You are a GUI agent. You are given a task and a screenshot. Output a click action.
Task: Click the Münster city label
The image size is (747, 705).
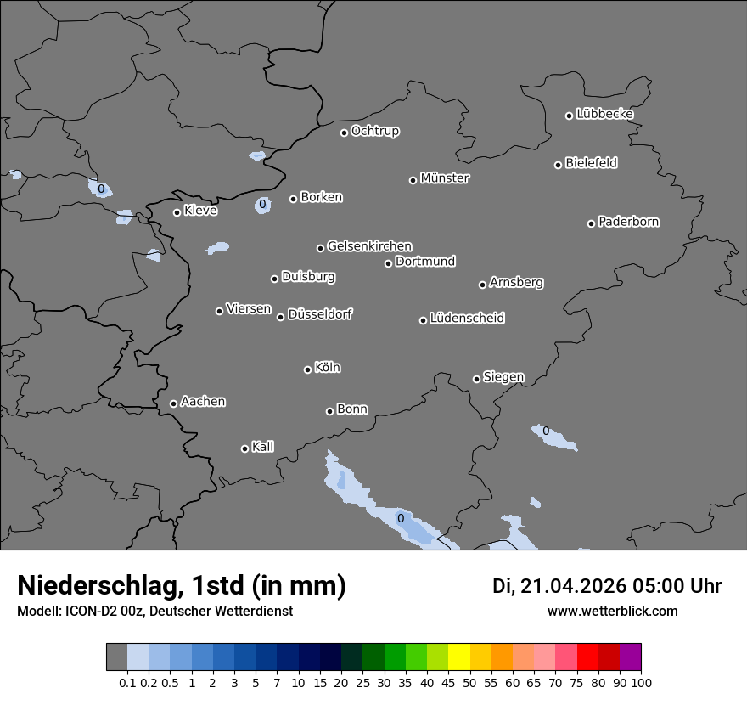click(x=445, y=178)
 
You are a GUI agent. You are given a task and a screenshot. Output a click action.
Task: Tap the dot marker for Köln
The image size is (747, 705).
click(x=307, y=369)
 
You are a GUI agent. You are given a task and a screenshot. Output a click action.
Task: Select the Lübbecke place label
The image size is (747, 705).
click(x=604, y=114)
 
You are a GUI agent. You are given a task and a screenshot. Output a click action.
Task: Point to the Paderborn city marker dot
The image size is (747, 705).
click(x=592, y=223)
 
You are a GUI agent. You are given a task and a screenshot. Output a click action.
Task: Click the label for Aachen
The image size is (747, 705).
click(x=203, y=402)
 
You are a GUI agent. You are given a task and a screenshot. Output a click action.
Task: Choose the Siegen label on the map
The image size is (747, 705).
click(x=503, y=377)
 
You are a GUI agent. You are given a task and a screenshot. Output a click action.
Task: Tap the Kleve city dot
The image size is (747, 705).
click(x=177, y=212)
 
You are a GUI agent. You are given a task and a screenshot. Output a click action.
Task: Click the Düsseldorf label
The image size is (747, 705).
click(x=320, y=314)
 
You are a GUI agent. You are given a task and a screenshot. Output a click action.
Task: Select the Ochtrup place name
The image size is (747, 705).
click(x=375, y=131)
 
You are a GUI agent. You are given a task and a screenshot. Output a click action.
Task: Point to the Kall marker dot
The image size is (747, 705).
click(x=244, y=448)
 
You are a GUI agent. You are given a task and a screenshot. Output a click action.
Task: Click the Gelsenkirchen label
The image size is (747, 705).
click(x=369, y=246)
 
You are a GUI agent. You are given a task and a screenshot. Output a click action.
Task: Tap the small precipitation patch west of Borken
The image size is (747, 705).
click(x=263, y=205)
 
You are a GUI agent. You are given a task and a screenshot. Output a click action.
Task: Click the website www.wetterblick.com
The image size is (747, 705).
click(x=612, y=611)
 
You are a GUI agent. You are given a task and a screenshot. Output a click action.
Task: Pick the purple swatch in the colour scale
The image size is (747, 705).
click(x=630, y=657)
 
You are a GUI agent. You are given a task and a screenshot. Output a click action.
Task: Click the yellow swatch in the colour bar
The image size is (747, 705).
click(x=458, y=657)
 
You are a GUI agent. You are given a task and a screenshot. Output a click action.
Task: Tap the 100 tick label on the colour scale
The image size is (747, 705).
click(x=641, y=683)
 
